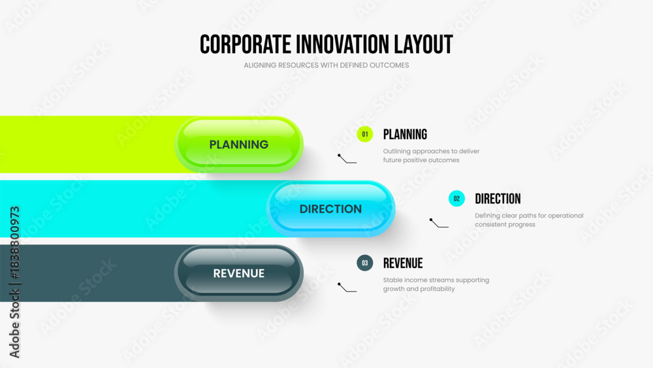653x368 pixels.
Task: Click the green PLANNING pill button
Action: click(x=238, y=144)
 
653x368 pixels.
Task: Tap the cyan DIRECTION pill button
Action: click(x=330, y=209)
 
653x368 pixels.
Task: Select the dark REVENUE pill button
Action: click(x=238, y=273)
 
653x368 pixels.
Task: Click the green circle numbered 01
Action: click(x=365, y=134)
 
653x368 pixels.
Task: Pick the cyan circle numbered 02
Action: click(x=456, y=199)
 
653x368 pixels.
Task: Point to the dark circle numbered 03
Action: click(x=365, y=263)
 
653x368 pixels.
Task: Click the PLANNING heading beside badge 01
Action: click(x=405, y=134)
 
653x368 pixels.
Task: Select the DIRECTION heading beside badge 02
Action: click(x=498, y=199)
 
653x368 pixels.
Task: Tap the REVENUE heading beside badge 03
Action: click(x=403, y=263)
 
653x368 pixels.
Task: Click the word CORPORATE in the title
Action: click(x=246, y=44)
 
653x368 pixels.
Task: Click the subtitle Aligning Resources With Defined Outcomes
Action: click(x=326, y=65)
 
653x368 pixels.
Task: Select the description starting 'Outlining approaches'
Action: click(x=432, y=156)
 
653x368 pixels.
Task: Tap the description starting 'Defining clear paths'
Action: click(x=529, y=220)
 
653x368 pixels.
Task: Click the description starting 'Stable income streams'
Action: click(x=436, y=284)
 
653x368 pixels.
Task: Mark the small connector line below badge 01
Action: click(x=347, y=159)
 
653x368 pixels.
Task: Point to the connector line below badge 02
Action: click(x=438, y=224)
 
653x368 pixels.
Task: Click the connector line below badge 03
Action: click(x=347, y=288)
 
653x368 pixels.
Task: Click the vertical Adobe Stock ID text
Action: click(x=14, y=282)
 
